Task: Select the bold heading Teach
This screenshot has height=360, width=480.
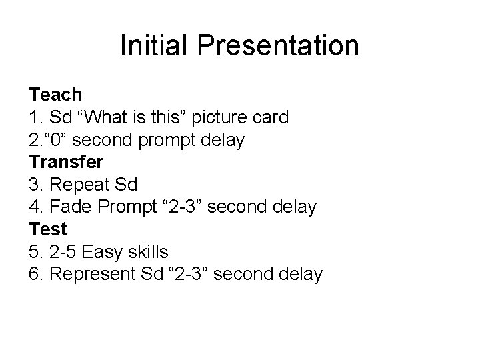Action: coord(55,95)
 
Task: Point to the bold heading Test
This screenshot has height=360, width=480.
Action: coord(48,229)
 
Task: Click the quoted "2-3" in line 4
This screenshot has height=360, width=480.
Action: coord(185,207)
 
